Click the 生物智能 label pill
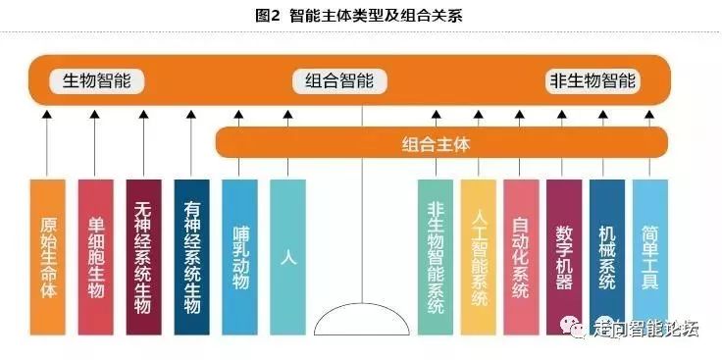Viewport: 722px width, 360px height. (x=103, y=81)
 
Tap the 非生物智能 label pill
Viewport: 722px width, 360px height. (x=592, y=81)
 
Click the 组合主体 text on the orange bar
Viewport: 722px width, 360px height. (x=437, y=144)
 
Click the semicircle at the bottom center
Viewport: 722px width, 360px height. (x=362, y=321)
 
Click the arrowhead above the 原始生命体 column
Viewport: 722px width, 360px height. (x=48, y=117)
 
